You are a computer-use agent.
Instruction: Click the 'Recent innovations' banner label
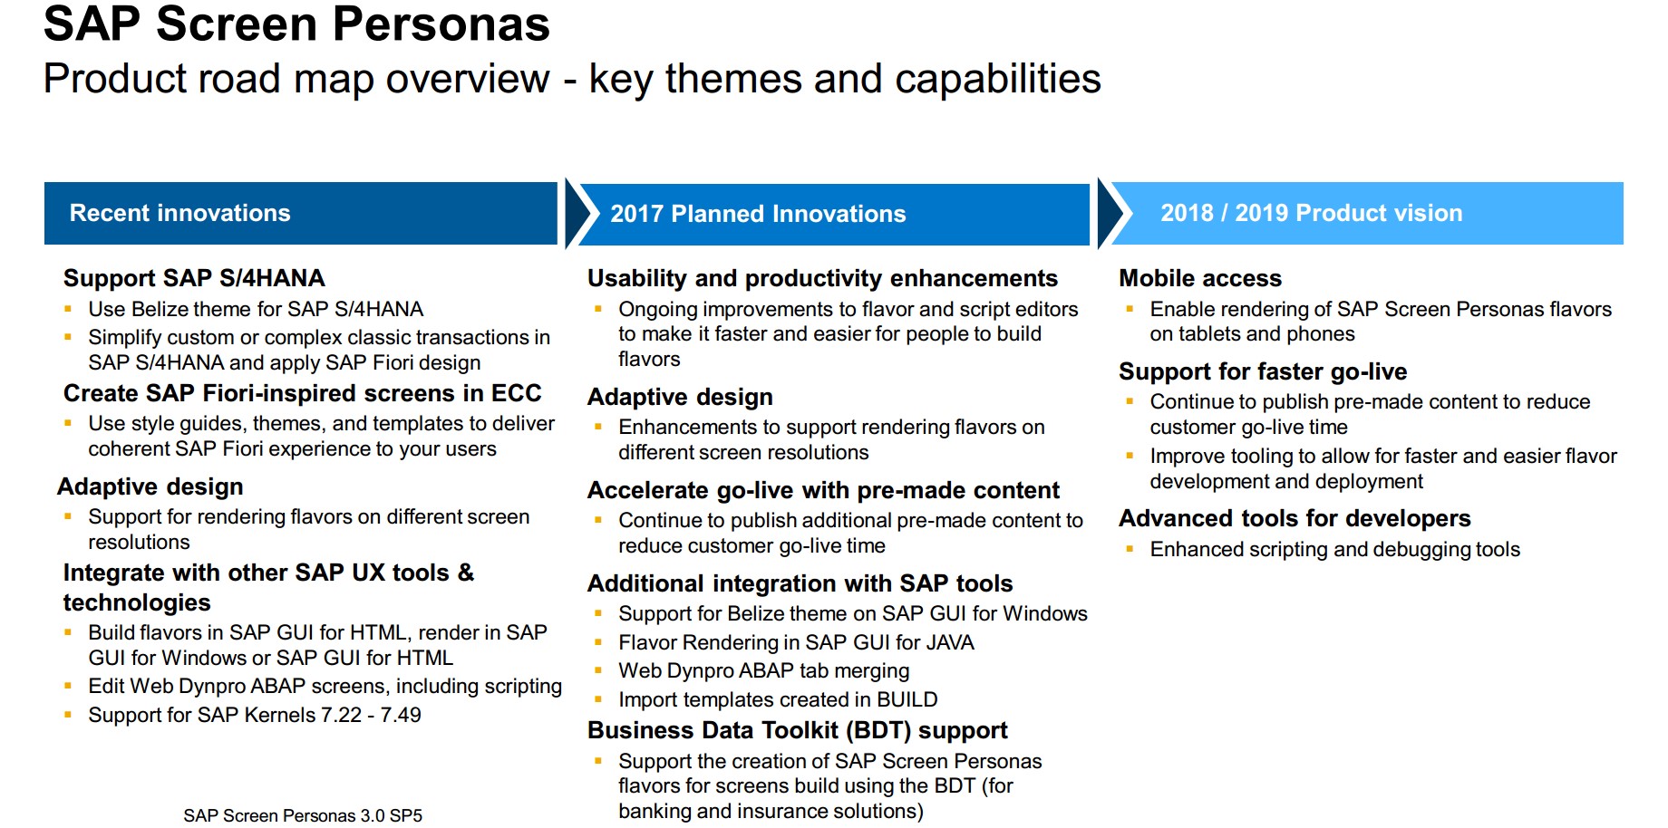coord(179,213)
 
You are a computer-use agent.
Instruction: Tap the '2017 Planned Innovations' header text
coord(758,214)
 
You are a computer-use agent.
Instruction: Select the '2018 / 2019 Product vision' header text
coord(1311,213)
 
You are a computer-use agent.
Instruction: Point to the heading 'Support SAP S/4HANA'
coord(194,278)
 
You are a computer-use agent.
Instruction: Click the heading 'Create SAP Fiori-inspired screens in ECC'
coord(302,393)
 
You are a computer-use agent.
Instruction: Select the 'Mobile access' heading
coord(1200,278)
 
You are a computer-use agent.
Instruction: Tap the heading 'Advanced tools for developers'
coord(1295,518)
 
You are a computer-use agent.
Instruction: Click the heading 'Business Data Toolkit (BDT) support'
coord(798,730)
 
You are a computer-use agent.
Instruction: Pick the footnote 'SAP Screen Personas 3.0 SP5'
coord(303,815)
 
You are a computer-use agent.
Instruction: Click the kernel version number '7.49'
coord(401,715)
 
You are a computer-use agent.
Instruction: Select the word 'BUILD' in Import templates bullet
coord(907,699)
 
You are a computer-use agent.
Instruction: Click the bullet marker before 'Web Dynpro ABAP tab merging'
coord(598,670)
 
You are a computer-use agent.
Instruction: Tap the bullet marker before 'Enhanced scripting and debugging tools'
coord(1130,549)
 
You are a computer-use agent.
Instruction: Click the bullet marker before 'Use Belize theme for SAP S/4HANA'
coord(68,309)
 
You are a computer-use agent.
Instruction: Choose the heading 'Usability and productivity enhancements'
coord(822,278)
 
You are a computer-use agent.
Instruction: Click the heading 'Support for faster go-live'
coord(1263,371)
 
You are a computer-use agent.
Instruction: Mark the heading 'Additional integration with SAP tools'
coord(800,583)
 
